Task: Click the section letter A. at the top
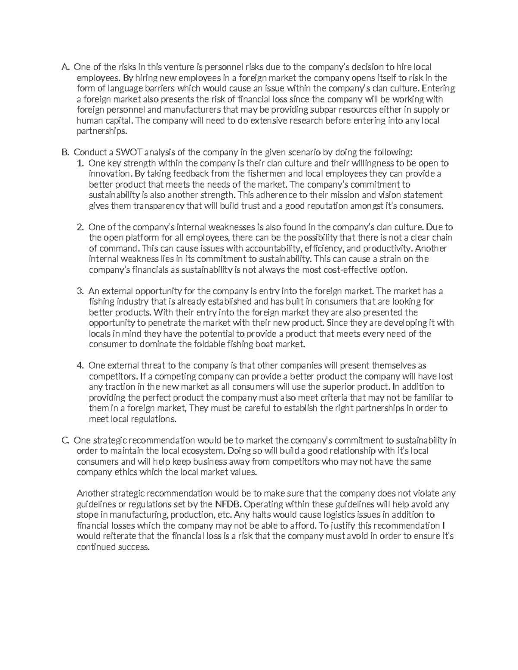point(65,67)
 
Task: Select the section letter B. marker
point(65,153)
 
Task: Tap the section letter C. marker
point(65,440)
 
